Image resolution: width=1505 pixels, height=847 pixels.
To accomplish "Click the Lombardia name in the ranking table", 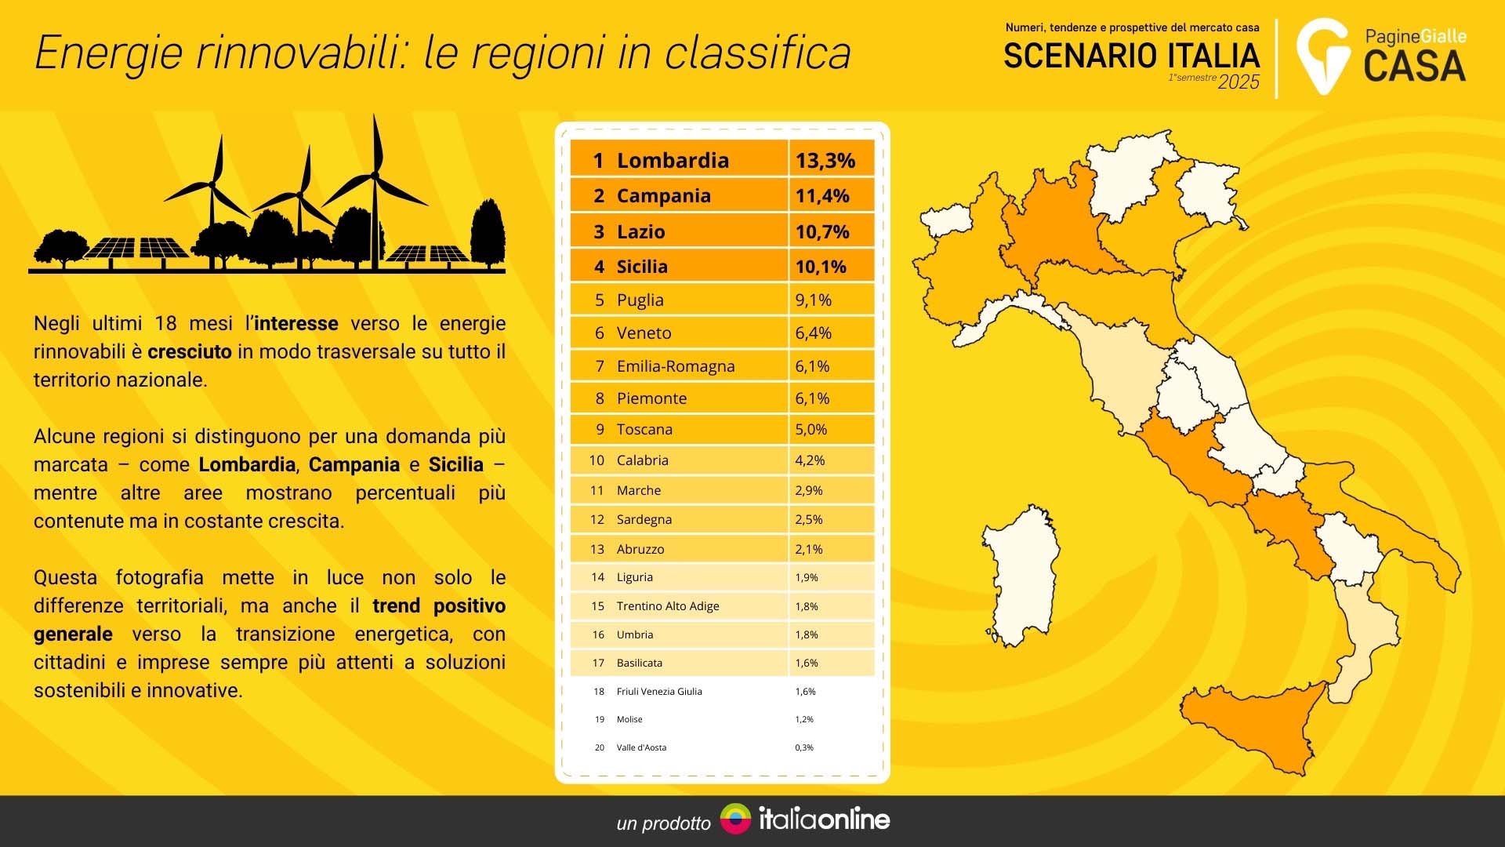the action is click(673, 160).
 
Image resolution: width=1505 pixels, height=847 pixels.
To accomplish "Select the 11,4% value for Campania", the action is click(822, 196).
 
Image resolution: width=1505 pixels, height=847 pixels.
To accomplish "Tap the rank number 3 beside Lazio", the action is click(599, 231).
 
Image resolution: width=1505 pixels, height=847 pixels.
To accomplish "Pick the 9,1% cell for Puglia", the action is click(813, 300).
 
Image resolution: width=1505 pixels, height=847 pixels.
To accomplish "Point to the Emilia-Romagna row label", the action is click(676, 366).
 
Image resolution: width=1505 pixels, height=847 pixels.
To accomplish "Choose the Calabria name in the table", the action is click(643, 460).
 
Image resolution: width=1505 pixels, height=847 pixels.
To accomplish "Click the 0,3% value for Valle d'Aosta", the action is click(804, 747).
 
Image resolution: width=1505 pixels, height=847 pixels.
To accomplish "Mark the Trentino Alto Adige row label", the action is click(668, 606).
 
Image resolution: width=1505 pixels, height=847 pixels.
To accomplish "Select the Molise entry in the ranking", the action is click(629, 719).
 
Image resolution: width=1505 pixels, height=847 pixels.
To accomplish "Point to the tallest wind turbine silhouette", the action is click(375, 192).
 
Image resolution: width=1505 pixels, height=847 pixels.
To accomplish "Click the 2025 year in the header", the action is click(1238, 82).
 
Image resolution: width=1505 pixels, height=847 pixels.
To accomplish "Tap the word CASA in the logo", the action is click(1415, 66).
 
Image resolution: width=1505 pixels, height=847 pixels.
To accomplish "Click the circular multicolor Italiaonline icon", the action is click(735, 819).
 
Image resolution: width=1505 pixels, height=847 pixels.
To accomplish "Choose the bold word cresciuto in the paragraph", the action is click(190, 351).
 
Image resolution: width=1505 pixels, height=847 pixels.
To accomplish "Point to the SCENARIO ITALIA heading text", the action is click(1132, 56).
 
